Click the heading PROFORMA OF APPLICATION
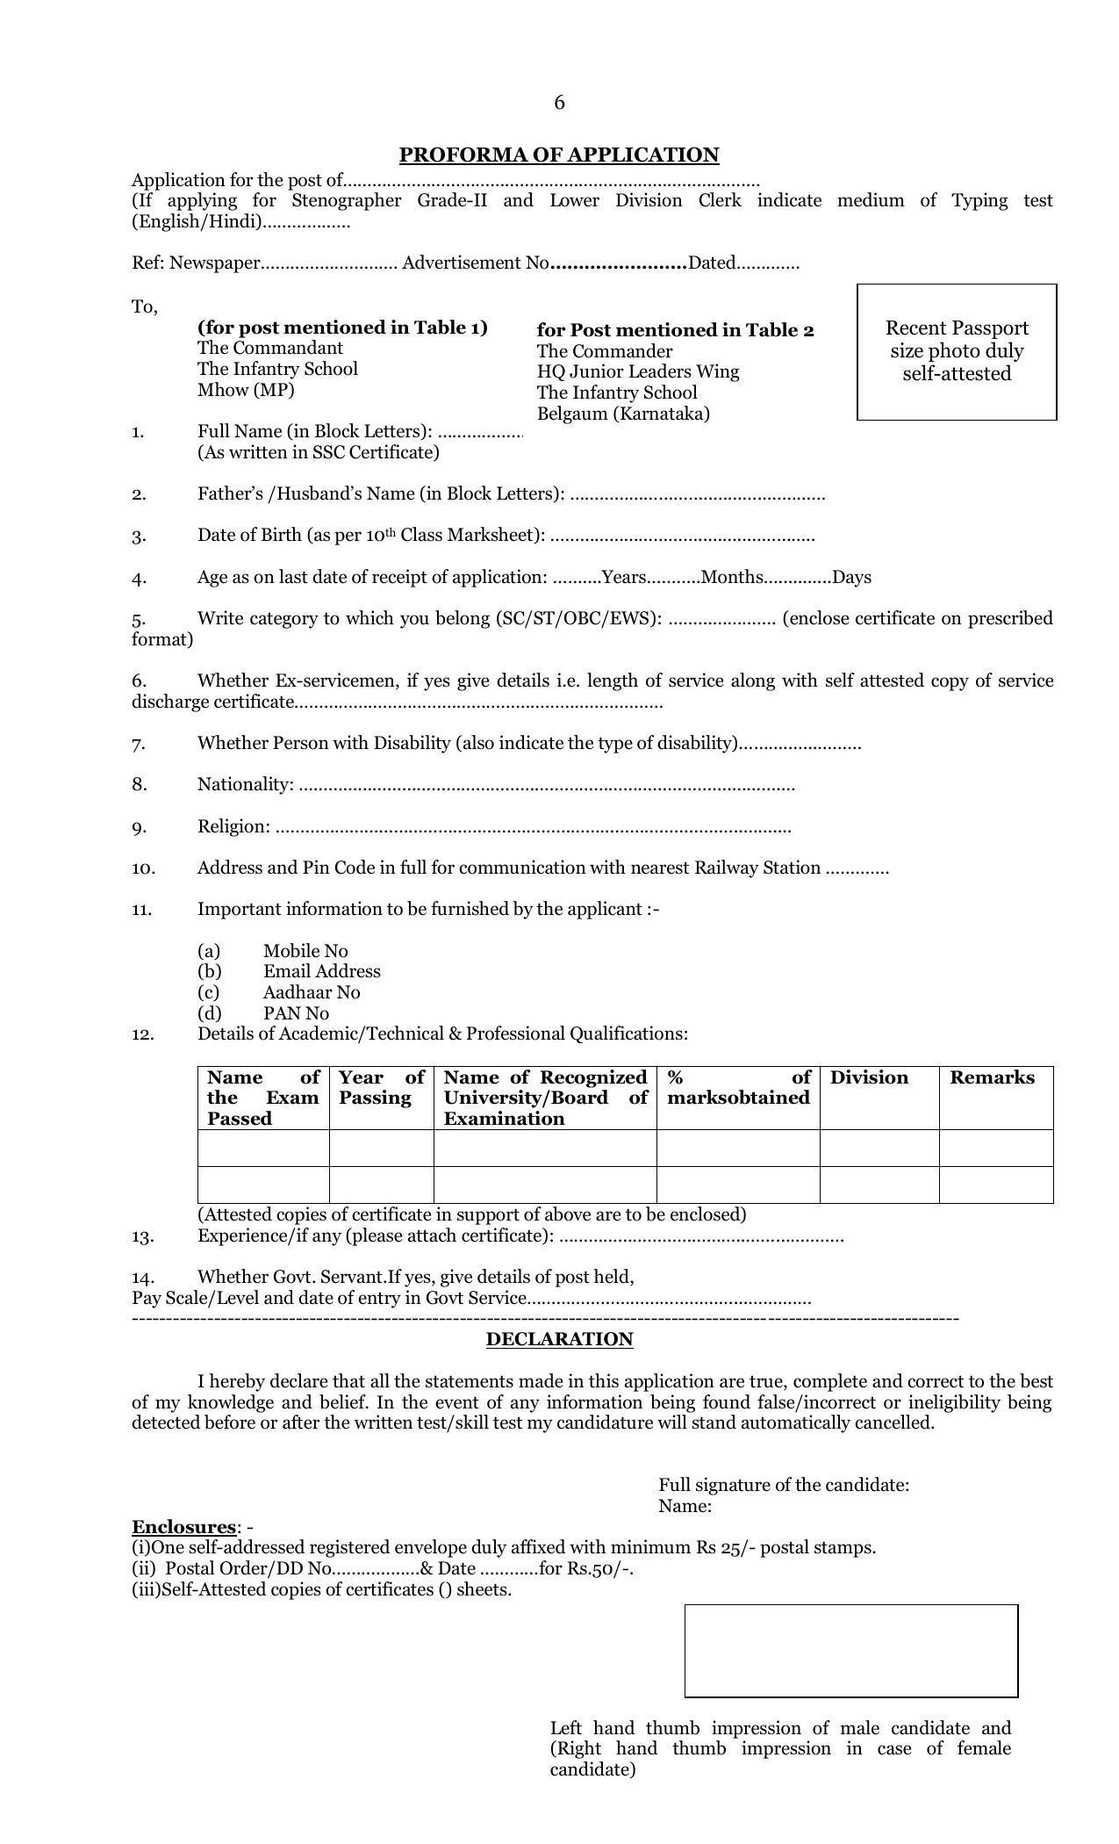(x=559, y=155)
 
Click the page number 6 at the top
(x=559, y=104)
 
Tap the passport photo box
(x=956, y=351)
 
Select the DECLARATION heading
(x=559, y=1339)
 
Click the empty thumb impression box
(x=850, y=1650)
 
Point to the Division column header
(x=869, y=1078)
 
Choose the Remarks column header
(x=992, y=1078)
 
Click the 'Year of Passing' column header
(x=381, y=1088)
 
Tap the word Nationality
(x=245, y=784)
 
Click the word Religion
(x=233, y=826)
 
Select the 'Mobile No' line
(x=305, y=951)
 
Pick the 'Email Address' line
(x=321, y=971)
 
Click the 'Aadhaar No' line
(x=312, y=992)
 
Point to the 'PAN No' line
(x=296, y=1013)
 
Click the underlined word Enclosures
(x=183, y=1527)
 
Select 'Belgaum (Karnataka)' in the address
(x=623, y=414)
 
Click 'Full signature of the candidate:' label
(x=784, y=1485)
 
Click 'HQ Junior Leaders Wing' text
(x=638, y=372)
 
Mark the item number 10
(x=143, y=868)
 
